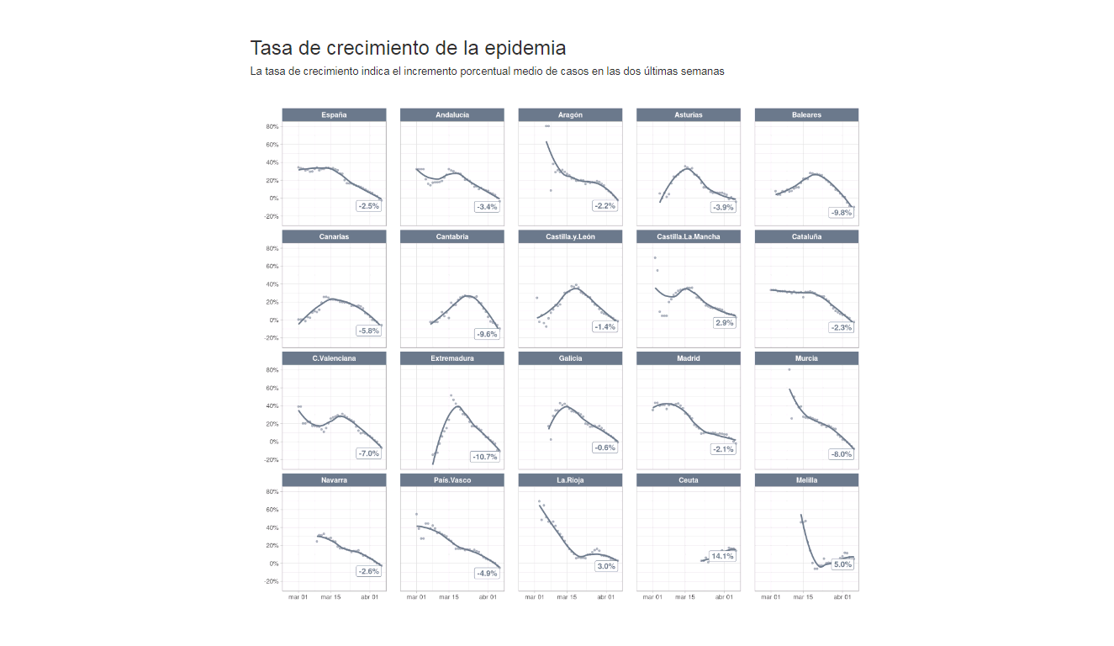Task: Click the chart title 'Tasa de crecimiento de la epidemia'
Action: click(408, 48)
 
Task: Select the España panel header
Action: click(334, 115)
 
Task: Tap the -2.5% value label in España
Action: click(368, 206)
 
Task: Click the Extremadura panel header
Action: click(452, 358)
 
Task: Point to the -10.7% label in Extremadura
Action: click(485, 457)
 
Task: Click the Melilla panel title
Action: click(806, 480)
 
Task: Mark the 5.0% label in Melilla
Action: click(842, 564)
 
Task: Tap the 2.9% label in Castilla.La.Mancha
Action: click(725, 323)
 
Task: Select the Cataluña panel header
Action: click(806, 237)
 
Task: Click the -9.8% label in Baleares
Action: click(841, 213)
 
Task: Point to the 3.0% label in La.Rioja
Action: click(606, 566)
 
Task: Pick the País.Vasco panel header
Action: click(452, 480)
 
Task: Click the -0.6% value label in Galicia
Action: click(605, 447)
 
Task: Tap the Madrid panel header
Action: click(689, 358)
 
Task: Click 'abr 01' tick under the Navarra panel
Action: click(369, 597)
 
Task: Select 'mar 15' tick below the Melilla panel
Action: click(803, 597)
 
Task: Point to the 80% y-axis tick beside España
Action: click(272, 127)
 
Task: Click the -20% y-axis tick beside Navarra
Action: click(271, 581)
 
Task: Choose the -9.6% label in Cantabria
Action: click(486, 334)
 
